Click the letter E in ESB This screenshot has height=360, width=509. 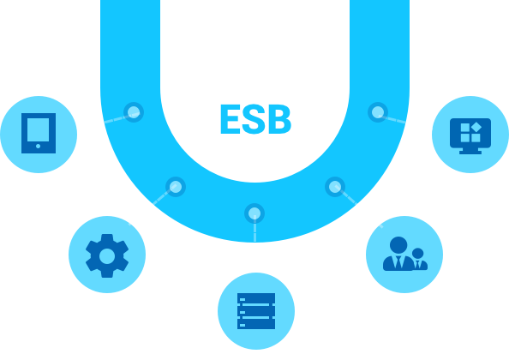[x=231, y=119]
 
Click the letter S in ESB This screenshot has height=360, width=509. [x=254, y=119]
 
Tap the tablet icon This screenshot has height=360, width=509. [x=39, y=133]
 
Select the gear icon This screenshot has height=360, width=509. [x=107, y=255]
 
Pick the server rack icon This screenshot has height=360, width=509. [x=256, y=311]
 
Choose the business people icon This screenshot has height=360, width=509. [x=405, y=254]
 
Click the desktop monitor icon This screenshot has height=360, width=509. [x=470, y=135]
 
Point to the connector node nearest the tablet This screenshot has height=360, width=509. [x=134, y=112]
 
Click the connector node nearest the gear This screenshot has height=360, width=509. [x=176, y=187]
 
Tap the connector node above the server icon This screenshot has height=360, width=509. [x=254, y=213]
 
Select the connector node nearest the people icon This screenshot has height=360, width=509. [x=335, y=187]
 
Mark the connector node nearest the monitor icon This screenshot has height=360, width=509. [x=378, y=112]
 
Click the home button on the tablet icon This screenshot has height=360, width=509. [x=39, y=146]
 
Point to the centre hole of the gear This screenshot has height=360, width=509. [x=107, y=256]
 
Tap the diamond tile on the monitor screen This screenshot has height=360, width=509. [x=476, y=127]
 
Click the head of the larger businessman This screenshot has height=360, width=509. [x=398, y=245]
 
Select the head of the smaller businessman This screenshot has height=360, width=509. [x=418, y=253]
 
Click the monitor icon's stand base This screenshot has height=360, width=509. [x=470, y=153]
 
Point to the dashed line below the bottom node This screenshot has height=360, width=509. [x=254, y=229]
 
